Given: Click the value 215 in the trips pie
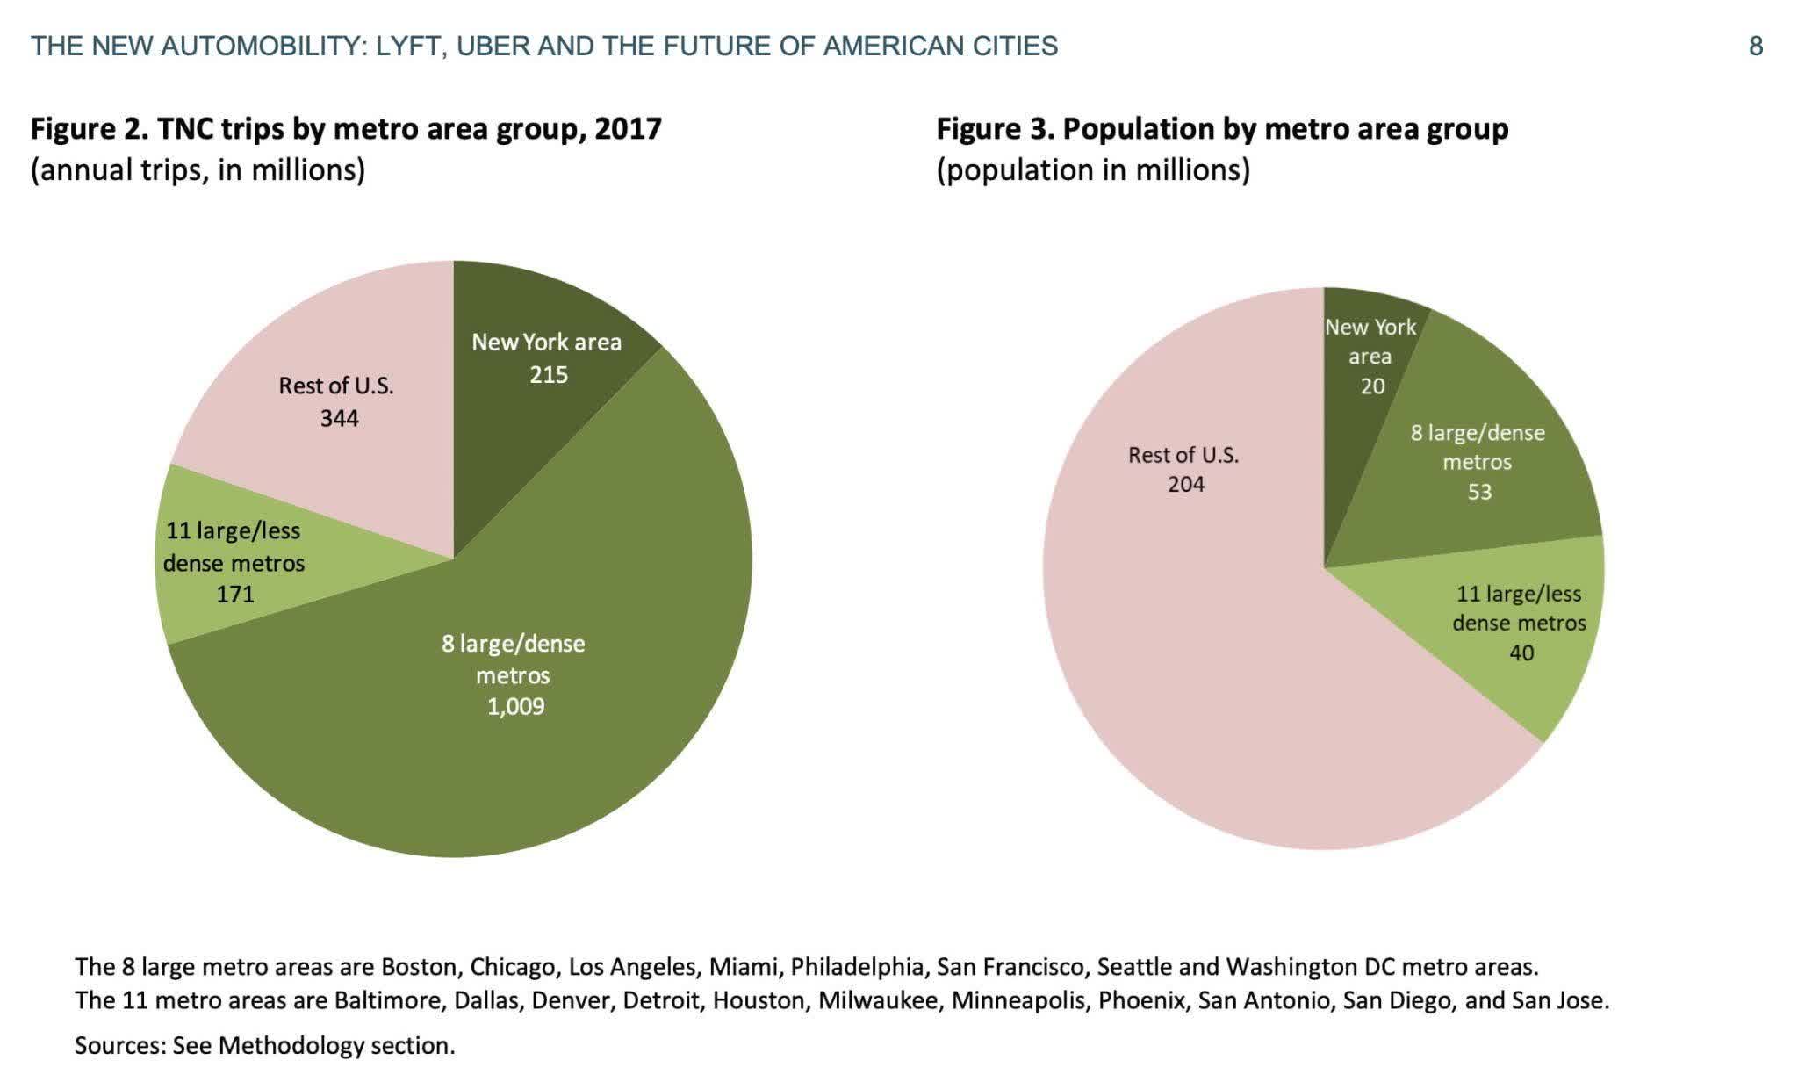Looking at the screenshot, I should coord(549,375).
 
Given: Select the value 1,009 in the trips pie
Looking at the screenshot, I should coord(515,707).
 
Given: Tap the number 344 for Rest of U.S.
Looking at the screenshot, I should coord(339,418).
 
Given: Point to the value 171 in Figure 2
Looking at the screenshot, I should coord(235,595).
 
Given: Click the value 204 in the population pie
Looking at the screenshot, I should coord(1185,484).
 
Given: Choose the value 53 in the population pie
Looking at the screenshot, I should coord(1479,492).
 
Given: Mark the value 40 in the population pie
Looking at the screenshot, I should coord(1521,653).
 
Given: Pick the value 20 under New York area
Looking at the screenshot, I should coord(1372,386).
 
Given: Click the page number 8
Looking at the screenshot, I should coord(1756,47).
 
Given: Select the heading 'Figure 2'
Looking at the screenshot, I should coord(88,129).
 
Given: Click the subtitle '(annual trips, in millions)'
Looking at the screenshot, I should coord(198,169).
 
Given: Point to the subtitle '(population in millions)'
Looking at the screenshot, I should coord(1093,169).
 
